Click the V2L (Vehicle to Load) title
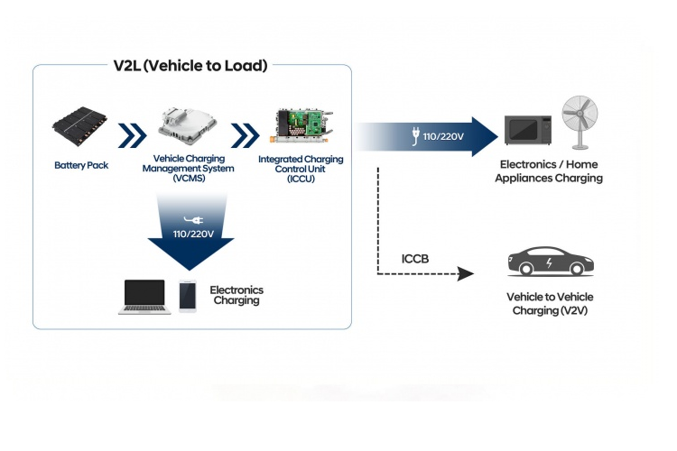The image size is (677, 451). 191,65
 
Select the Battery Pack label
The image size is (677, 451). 81,165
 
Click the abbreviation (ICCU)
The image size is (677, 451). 300,179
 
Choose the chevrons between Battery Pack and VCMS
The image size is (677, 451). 133,136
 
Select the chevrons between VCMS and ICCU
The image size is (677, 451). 245,136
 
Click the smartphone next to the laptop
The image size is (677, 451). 188,297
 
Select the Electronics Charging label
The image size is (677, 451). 236,295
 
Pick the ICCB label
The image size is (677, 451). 414,260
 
